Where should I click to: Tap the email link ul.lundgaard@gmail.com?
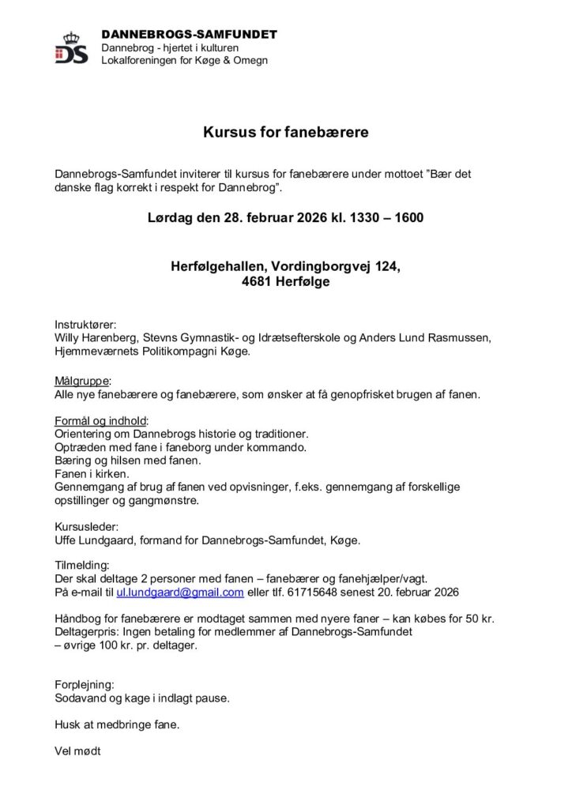coord(180,592)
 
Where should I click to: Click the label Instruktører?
coord(85,325)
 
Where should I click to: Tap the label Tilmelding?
coord(82,565)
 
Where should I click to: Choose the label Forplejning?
coord(85,684)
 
